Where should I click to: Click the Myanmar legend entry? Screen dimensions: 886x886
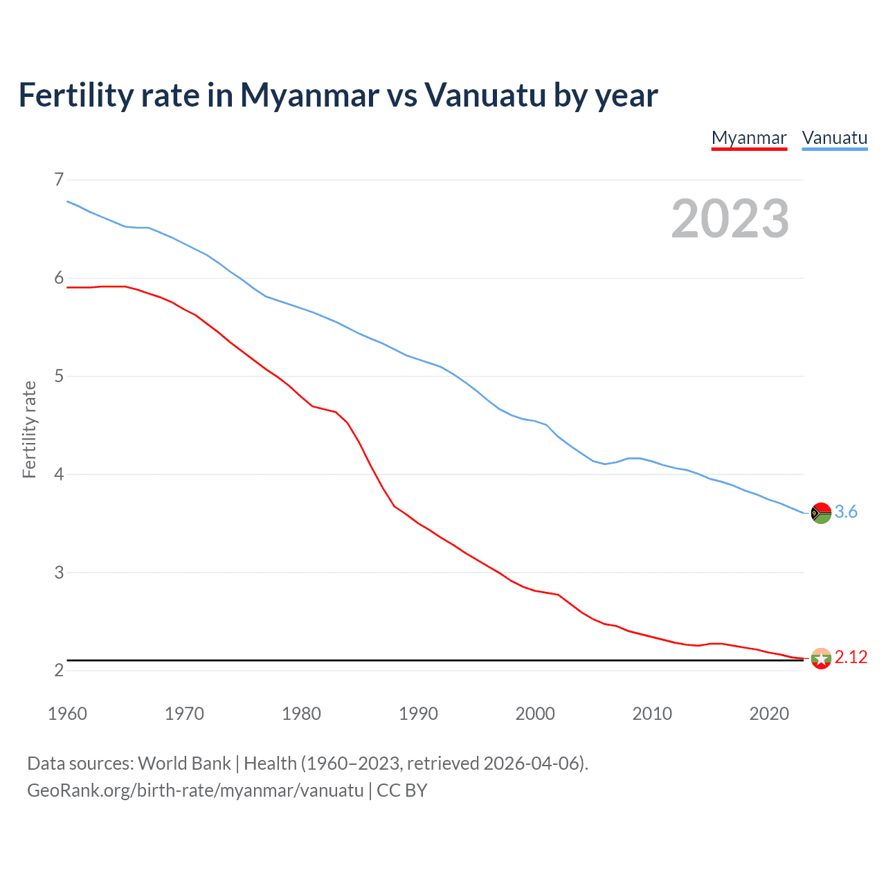[x=749, y=138]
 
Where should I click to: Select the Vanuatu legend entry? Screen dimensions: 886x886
[x=834, y=138]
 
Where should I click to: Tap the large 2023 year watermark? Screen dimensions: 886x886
[x=730, y=219]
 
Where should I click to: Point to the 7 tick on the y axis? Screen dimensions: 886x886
[x=59, y=180]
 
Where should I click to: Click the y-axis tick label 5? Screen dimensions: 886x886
[x=59, y=376]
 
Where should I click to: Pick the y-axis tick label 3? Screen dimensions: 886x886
[x=59, y=572]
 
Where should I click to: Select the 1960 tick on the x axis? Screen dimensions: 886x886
[x=67, y=714]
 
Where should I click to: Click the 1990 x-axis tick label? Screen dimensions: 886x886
[x=418, y=714]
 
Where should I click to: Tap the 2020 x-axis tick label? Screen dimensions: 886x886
[x=769, y=714]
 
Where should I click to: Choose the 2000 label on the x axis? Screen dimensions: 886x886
[x=535, y=714]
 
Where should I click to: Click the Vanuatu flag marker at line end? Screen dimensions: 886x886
[x=821, y=513]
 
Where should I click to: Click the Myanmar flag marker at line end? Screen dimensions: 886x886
[x=821, y=658]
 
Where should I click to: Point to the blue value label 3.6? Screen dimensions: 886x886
[x=846, y=512]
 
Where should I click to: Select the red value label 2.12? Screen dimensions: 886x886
[x=851, y=658]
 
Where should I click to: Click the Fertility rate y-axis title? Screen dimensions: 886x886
[x=29, y=429]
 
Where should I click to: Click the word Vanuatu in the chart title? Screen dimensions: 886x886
[x=485, y=96]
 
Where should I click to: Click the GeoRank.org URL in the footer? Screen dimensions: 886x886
[x=195, y=790]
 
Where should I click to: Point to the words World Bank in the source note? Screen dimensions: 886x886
[x=184, y=763]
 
